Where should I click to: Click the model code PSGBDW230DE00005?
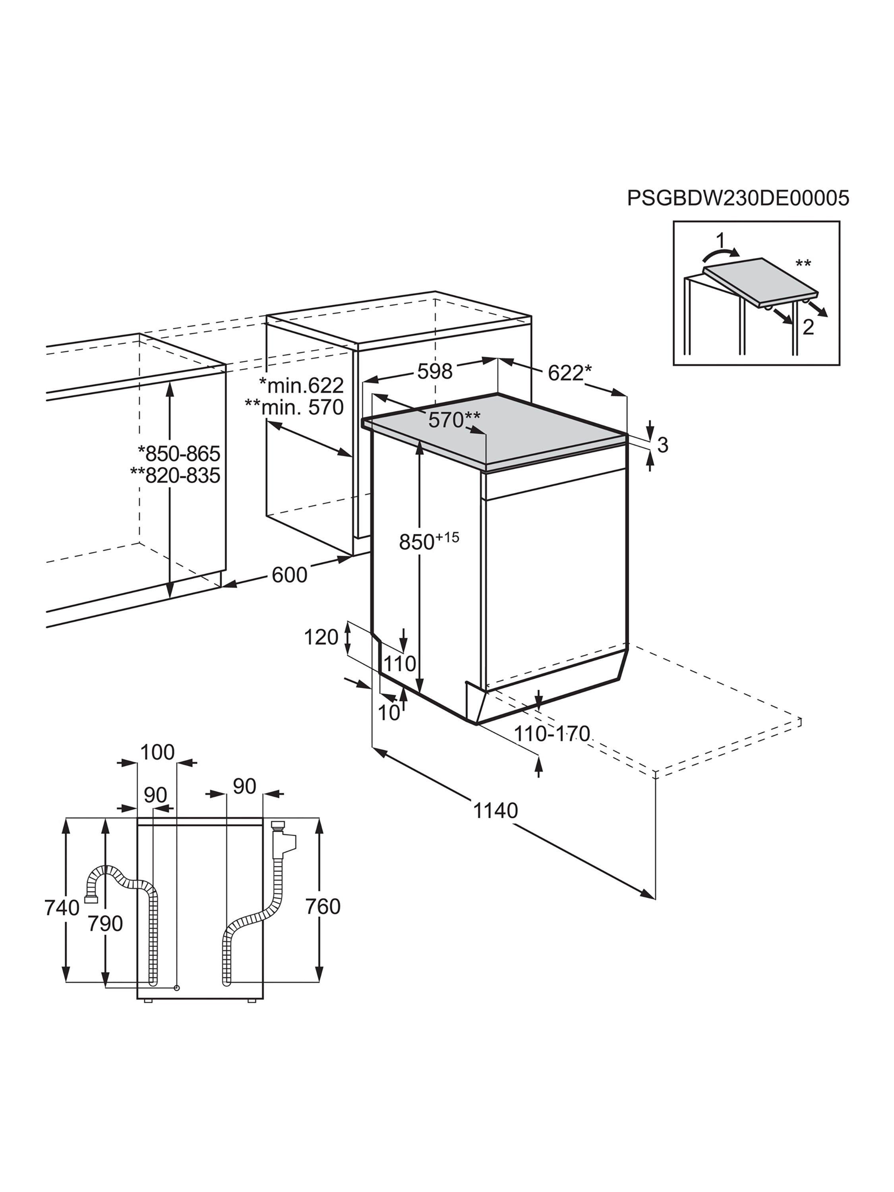738,198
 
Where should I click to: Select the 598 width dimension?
435,371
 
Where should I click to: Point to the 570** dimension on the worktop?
454,419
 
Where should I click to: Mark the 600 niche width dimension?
289,575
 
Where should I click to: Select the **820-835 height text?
175,475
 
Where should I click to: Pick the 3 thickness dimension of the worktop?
662,445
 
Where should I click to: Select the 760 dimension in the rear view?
323,906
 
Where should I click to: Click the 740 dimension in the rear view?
62,908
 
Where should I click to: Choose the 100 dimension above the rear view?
157,752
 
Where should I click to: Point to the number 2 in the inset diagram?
808,327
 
